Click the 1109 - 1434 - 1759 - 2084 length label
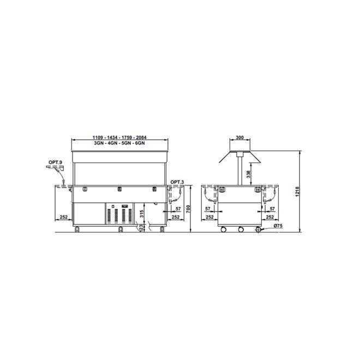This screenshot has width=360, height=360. (x=119, y=137)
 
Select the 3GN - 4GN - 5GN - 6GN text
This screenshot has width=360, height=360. (x=119, y=143)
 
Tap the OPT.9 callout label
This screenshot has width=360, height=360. (x=55, y=163)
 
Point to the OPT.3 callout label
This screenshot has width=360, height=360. (x=177, y=182)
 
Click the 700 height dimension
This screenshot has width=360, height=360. (x=188, y=209)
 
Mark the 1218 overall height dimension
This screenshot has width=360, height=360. (x=298, y=191)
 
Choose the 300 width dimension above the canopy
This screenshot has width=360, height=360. (x=239, y=137)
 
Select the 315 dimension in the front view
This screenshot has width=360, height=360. (x=142, y=214)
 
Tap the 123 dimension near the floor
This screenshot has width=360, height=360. (x=142, y=227)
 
